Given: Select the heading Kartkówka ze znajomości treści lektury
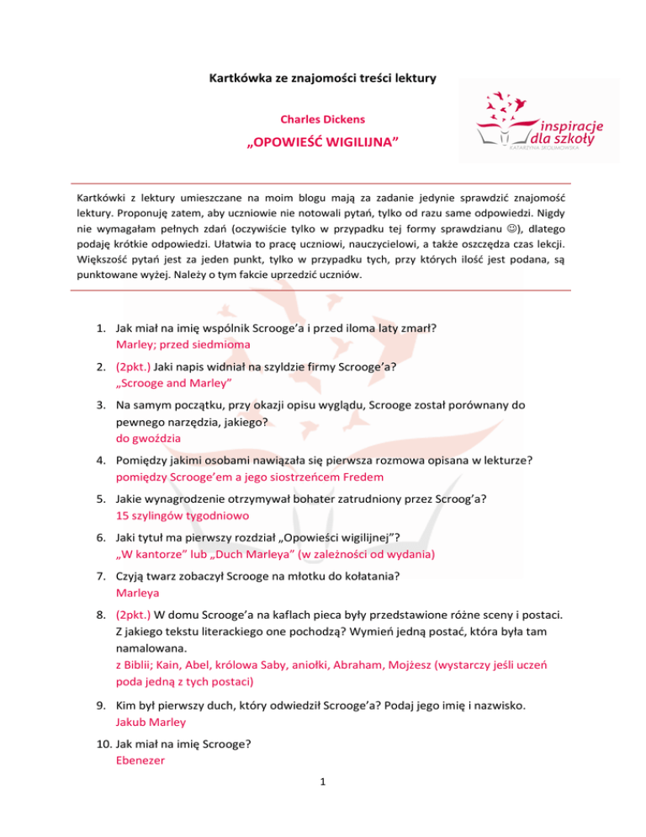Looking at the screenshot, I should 323,79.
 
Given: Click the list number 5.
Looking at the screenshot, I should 100,498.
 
